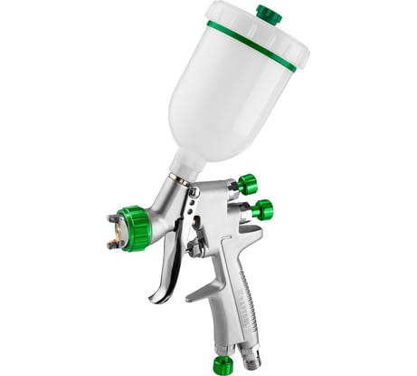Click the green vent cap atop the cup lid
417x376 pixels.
coord(268,14)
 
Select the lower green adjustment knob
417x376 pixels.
coord(262,209)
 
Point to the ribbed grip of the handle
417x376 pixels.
coord(238,290)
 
